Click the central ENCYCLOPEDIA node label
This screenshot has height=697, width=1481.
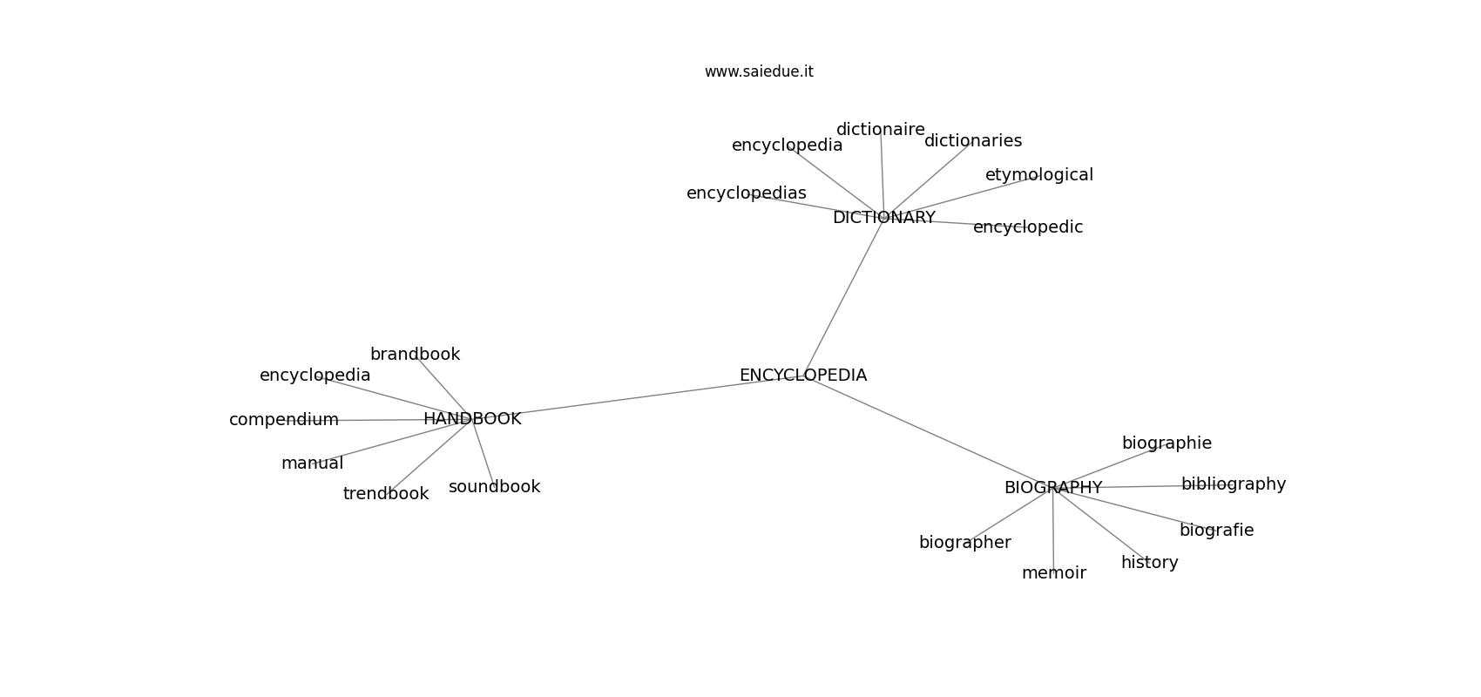802,375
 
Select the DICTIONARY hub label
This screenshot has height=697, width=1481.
884,218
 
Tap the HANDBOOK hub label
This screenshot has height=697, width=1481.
472,418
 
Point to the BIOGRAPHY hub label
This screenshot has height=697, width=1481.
1053,487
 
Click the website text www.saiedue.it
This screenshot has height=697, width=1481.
759,71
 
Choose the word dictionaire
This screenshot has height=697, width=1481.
881,129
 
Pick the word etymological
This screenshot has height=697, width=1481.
1039,175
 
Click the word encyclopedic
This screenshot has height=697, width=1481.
1028,227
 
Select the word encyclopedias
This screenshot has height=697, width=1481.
747,193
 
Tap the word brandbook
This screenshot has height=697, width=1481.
416,354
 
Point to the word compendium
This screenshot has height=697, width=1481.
284,420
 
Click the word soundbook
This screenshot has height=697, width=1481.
495,487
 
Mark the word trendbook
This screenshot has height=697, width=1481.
386,493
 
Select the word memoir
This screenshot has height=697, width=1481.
1054,572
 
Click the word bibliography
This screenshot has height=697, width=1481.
1234,484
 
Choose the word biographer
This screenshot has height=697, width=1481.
965,542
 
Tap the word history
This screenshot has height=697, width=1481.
1150,563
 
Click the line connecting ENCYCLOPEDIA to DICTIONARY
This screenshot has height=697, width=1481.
843,296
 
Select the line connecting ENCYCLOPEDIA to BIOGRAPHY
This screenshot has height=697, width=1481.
928,431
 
